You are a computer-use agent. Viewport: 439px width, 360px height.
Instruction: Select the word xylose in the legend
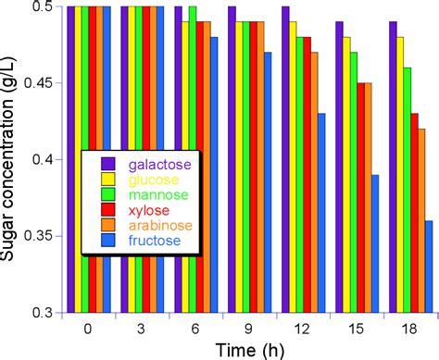click(x=149, y=210)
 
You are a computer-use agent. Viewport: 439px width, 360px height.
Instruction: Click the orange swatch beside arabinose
click(x=107, y=227)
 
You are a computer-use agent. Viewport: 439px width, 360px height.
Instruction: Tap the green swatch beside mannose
click(x=107, y=194)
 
